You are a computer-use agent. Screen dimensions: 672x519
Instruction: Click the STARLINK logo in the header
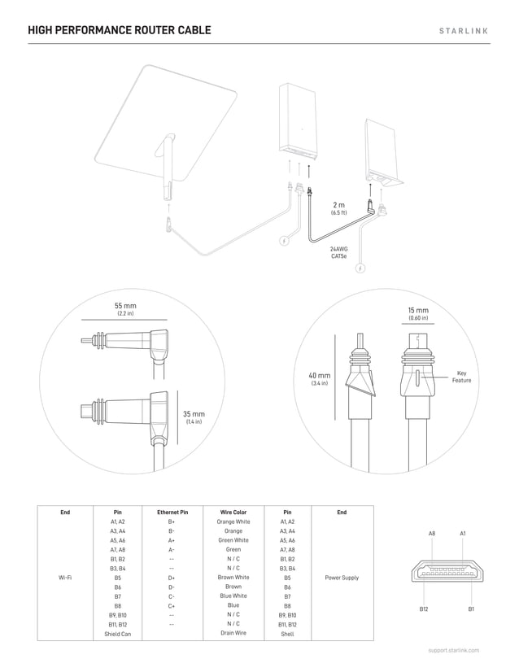point(464,31)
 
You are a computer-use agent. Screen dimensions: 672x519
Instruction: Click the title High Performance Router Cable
point(119,31)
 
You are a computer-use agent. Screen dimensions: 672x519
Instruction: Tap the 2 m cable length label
point(338,207)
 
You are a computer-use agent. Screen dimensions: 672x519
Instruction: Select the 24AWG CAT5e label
point(339,252)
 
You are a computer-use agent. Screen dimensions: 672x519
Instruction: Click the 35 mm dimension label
point(194,417)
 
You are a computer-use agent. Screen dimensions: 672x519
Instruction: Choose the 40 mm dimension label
point(319,378)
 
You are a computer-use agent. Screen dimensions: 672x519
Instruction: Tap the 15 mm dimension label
point(417,313)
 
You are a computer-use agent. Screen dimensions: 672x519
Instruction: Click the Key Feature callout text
point(461,377)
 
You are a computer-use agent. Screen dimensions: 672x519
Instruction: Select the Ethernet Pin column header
point(172,513)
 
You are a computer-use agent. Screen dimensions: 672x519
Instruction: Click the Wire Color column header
point(233,513)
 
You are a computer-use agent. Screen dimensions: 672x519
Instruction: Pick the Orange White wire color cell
point(233,521)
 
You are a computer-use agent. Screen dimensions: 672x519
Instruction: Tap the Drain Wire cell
point(233,633)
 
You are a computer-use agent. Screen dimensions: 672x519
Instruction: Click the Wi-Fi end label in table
point(66,578)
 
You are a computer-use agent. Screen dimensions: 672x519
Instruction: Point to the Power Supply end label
point(342,578)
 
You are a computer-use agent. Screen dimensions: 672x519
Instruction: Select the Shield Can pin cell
point(118,633)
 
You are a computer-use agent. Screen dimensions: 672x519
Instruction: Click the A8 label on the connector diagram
point(432,533)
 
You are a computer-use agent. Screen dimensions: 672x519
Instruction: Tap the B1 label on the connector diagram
point(470,609)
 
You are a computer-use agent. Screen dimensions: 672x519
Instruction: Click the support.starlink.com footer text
point(454,651)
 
